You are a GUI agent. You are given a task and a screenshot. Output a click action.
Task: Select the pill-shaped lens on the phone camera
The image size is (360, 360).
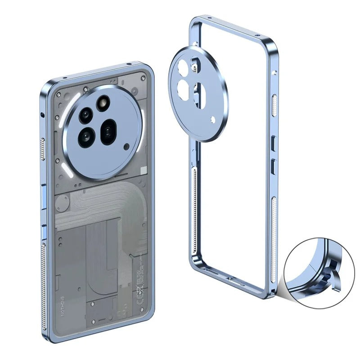(x=108, y=132)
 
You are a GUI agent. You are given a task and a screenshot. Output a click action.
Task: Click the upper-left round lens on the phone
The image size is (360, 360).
(x=85, y=115)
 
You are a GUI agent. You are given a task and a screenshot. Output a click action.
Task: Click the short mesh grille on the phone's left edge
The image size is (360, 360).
(x=43, y=149)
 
